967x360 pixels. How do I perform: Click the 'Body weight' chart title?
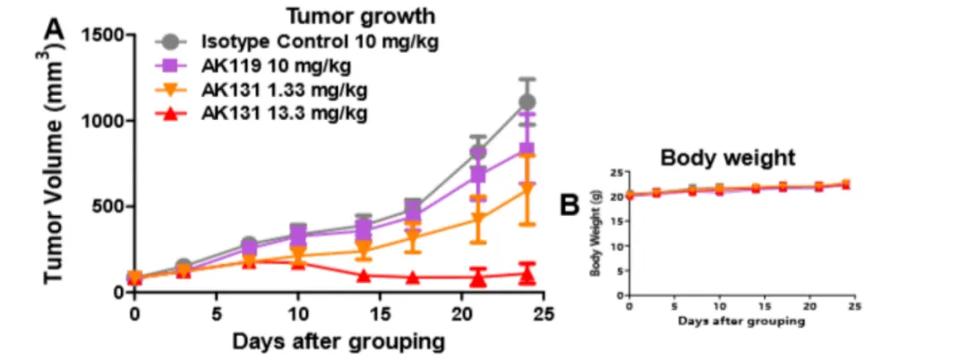point(727,158)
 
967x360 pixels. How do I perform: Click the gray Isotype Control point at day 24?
point(526,102)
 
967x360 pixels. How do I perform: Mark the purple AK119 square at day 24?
point(526,149)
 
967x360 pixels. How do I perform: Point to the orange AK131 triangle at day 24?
point(526,190)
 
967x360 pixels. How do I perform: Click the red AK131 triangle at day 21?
point(478,278)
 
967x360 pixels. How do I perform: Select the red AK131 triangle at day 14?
point(364,276)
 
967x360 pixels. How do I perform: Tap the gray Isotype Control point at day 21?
point(478,152)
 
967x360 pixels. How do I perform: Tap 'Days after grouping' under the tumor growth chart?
point(338,341)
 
